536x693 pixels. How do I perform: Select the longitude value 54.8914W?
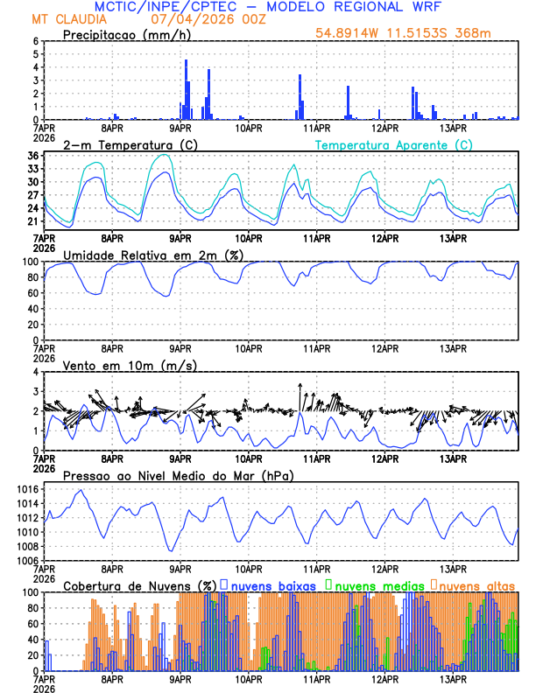point(349,33)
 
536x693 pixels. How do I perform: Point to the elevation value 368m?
point(474,33)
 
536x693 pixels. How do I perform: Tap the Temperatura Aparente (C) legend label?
point(393,144)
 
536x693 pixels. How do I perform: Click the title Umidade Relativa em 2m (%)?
point(145,255)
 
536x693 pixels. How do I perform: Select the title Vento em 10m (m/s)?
point(117,365)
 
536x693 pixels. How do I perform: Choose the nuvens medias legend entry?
point(369,585)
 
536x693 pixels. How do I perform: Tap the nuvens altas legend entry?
point(472,585)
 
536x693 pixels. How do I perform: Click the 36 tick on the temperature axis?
point(32,156)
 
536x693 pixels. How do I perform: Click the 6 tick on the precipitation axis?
point(35,41)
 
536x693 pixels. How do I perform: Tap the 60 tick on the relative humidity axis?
point(32,293)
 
